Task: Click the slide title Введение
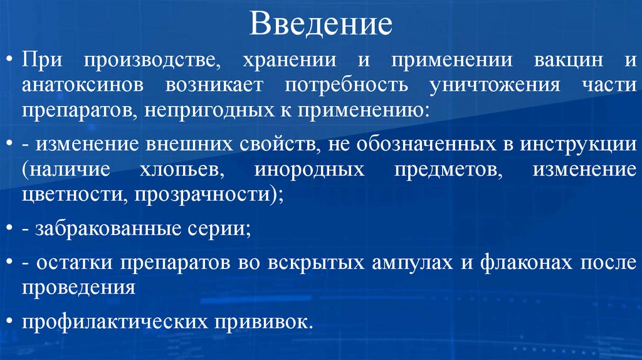point(321,25)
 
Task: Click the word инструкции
point(577,144)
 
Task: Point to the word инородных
point(310,169)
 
